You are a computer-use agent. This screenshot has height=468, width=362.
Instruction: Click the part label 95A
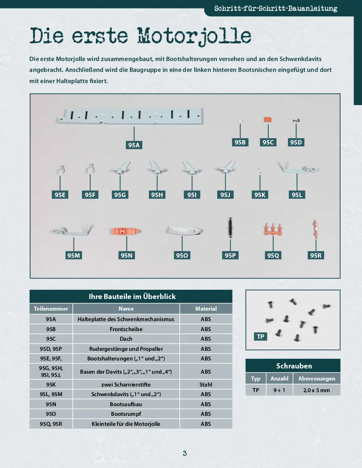coord(134,145)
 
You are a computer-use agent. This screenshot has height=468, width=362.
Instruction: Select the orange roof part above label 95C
coord(268,120)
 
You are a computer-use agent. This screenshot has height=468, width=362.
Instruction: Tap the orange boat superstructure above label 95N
coord(125,232)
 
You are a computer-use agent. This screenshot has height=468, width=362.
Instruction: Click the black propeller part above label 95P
coord(230,227)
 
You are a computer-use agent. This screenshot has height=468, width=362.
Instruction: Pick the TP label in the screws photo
coord(261,336)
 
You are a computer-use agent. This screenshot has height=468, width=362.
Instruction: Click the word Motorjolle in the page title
coord(195,36)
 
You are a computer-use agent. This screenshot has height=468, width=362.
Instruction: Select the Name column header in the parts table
coord(126,309)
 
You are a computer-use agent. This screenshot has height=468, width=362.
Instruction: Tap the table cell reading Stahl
coord(206,384)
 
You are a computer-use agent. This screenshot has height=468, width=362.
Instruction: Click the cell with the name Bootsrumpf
coord(126,414)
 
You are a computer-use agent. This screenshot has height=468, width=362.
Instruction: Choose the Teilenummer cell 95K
coord(51,384)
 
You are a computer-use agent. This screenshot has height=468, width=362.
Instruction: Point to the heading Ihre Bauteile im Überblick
coord(131,297)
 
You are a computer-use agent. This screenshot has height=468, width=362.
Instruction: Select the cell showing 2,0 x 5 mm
coord(317,390)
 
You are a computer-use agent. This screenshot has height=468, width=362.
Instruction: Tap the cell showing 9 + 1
coord(279,390)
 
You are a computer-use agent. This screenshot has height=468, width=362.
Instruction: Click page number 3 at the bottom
coord(185,454)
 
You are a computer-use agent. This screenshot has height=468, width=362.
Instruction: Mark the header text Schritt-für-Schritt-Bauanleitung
coord(276,8)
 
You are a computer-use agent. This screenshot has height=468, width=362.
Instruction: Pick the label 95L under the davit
coord(296,195)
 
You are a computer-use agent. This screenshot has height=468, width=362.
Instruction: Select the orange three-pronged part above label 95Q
coord(274,230)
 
